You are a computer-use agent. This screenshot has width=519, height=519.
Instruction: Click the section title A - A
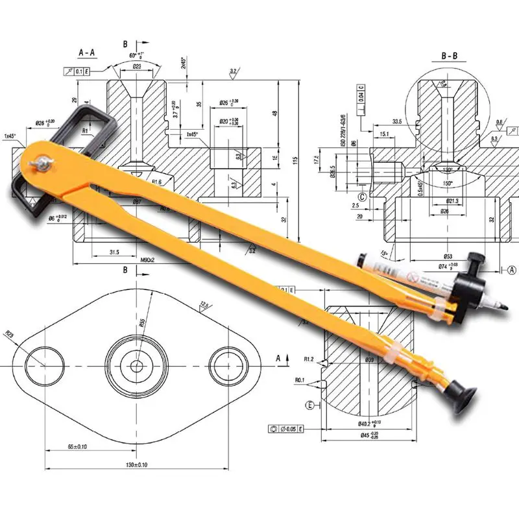pyautogui.click(x=88, y=51)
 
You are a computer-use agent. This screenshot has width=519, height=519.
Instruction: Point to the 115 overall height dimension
pyautogui.click(x=294, y=160)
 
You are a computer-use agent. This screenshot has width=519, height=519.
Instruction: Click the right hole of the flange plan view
pyautogui.click(x=228, y=365)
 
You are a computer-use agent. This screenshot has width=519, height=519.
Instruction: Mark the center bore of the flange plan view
pyautogui.click(x=137, y=365)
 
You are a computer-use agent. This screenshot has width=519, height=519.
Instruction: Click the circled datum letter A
pyautogui.click(x=511, y=269)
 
